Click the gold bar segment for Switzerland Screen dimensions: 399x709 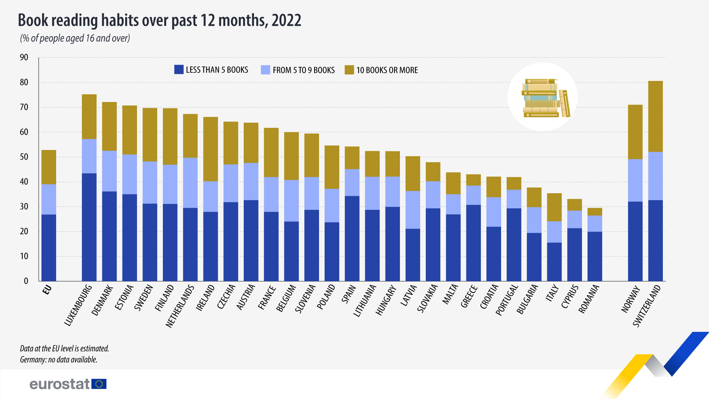click(655, 116)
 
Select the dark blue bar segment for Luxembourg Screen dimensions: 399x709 click(89, 227)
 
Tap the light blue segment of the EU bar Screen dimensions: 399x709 click(49, 199)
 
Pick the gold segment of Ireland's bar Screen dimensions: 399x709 click(210, 149)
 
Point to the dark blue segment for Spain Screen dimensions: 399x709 click(352, 238)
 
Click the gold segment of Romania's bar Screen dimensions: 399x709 click(595, 212)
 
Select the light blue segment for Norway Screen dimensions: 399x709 click(635, 180)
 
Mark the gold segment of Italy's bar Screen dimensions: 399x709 click(554, 207)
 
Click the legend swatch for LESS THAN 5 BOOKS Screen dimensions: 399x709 click(179, 70)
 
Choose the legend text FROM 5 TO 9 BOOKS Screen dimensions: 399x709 click(304, 70)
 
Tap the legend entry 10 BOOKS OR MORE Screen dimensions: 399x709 click(387, 70)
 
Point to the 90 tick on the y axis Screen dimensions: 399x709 click(24, 57)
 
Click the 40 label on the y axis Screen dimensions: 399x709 click(24, 182)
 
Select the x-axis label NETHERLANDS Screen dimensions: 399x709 click(180, 306)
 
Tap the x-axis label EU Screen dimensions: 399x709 click(47, 290)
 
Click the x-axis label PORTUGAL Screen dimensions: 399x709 click(507, 300)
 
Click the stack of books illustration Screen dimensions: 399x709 click(542, 98)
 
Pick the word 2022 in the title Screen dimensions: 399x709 click(286, 20)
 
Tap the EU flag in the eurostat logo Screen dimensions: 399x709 click(99, 384)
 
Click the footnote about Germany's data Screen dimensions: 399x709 click(59, 359)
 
